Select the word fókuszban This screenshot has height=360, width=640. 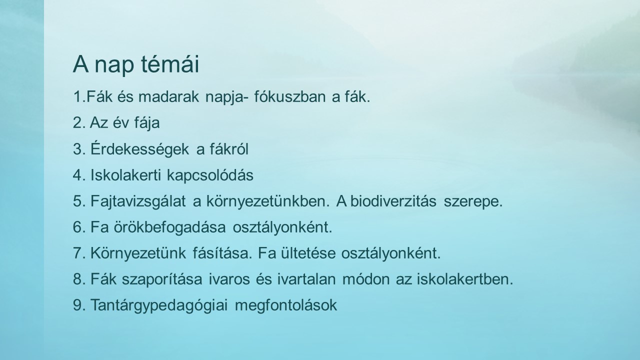[289, 96]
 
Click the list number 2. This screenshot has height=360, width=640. [79, 123]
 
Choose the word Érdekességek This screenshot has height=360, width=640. [139, 149]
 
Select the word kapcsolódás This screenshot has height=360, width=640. [210, 175]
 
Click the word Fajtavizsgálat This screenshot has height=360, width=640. [138, 201]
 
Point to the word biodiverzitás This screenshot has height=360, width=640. [393, 201]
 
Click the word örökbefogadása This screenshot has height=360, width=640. [170, 227]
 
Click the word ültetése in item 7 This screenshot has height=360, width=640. [307, 253]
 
